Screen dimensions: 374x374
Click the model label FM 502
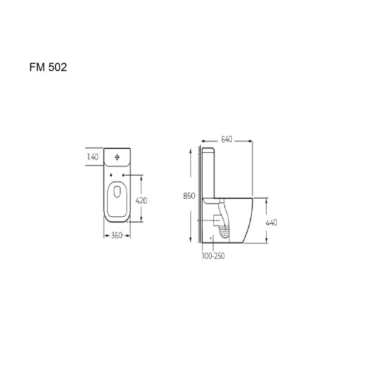pyautogui.click(x=48, y=67)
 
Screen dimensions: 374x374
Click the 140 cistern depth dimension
pyautogui.click(x=92, y=158)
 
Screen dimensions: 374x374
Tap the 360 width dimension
pyautogui.click(x=116, y=236)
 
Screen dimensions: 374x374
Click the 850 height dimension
pyautogui.click(x=189, y=196)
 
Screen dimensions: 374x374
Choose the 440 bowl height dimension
pyautogui.click(x=272, y=223)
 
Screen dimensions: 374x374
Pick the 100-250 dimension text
pyautogui.click(x=213, y=256)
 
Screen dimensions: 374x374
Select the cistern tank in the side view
pyautogui.click(x=209, y=171)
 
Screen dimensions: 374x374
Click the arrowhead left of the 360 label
pyautogui.click(x=104, y=236)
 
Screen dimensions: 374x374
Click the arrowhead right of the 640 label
pyautogui.click(x=251, y=140)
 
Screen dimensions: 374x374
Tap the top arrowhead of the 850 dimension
pyautogui.click(x=189, y=150)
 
